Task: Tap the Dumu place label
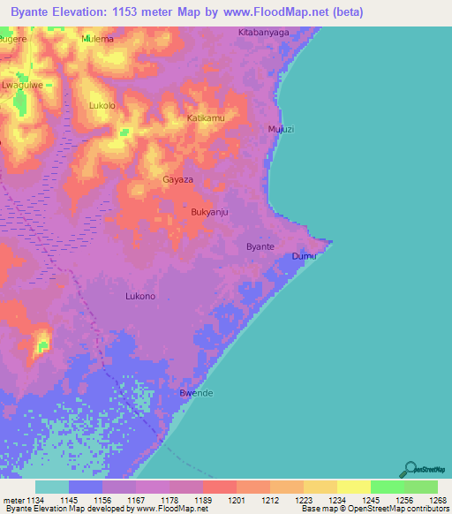303,256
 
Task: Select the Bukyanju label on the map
210,213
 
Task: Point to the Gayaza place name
177,179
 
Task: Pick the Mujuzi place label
281,129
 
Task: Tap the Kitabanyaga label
264,32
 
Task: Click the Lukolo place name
102,105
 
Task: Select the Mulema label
97,40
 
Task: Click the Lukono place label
140,296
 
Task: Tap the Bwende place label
196,393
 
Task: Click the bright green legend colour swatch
387,487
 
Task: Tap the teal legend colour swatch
52,487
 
